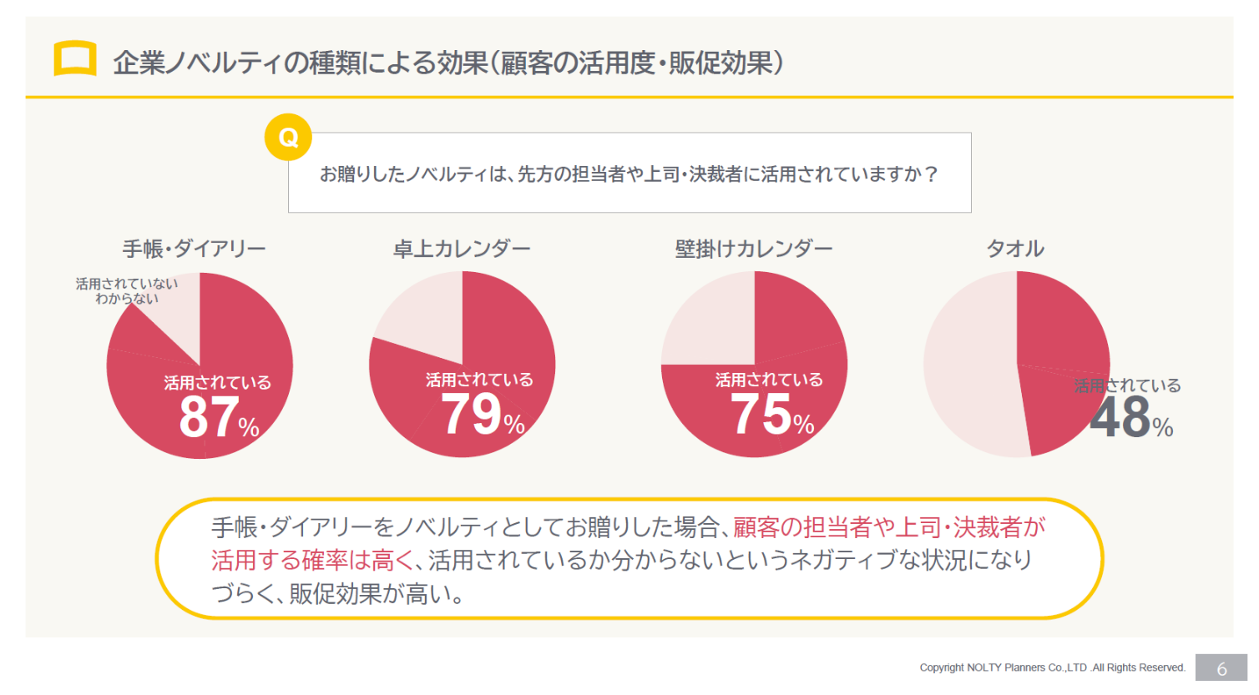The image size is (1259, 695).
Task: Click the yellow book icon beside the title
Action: click(75, 58)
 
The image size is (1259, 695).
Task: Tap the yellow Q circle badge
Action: click(288, 137)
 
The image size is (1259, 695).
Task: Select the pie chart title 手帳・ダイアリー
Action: click(194, 249)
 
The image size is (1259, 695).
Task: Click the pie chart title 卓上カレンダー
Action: click(462, 249)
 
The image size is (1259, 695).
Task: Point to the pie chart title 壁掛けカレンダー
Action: click(753, 249)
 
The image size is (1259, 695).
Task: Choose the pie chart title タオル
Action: click(1015, 249)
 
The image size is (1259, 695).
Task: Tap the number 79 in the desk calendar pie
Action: click(471, 415)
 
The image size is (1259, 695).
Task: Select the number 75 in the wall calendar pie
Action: click(761, 415)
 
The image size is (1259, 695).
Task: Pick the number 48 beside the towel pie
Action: click(1120, 418)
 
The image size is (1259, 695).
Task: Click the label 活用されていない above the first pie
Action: click(126, 284)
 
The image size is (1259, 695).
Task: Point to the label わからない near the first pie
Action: click(126, 299)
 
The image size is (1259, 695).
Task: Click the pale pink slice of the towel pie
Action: click(968, 367)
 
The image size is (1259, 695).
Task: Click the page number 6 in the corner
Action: click(1221, 668)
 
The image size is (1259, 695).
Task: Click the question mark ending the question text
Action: click(932, 174)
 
